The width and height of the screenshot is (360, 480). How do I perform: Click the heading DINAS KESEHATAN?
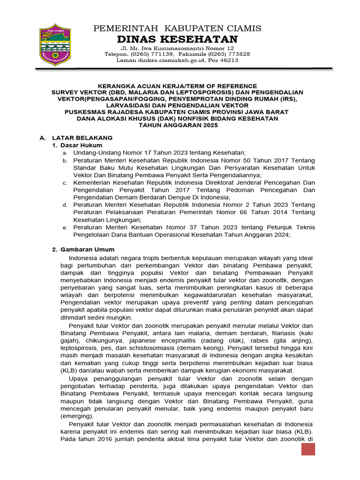pyautogui.click(x=178, y=39)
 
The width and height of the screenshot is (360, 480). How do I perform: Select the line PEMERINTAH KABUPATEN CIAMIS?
pyautogui.click(x=178, y=28)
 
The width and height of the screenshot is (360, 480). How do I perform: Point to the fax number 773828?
pyautogui.click(x=237, y=54)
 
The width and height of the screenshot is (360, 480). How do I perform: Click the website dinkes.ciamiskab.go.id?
pyautogui.click(x=170, y=60)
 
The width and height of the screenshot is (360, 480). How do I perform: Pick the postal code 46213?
pyautogui.click(x=230, y=60)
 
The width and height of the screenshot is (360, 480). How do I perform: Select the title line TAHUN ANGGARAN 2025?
pyautogui.click(x=178, y=126)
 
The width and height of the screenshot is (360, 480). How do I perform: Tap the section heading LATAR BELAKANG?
pyautogui.click(x=82, y=138)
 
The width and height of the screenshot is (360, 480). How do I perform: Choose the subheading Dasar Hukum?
pyautogui.click(x=77, y=145)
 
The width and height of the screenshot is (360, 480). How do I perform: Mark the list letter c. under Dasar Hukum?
pyautogui.click(x=65, y=182)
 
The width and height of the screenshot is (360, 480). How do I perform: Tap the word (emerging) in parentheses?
pyautogui.click(x=77, y=416)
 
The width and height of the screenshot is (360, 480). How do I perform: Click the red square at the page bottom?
pyautogui.click(x=307, y=449)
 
